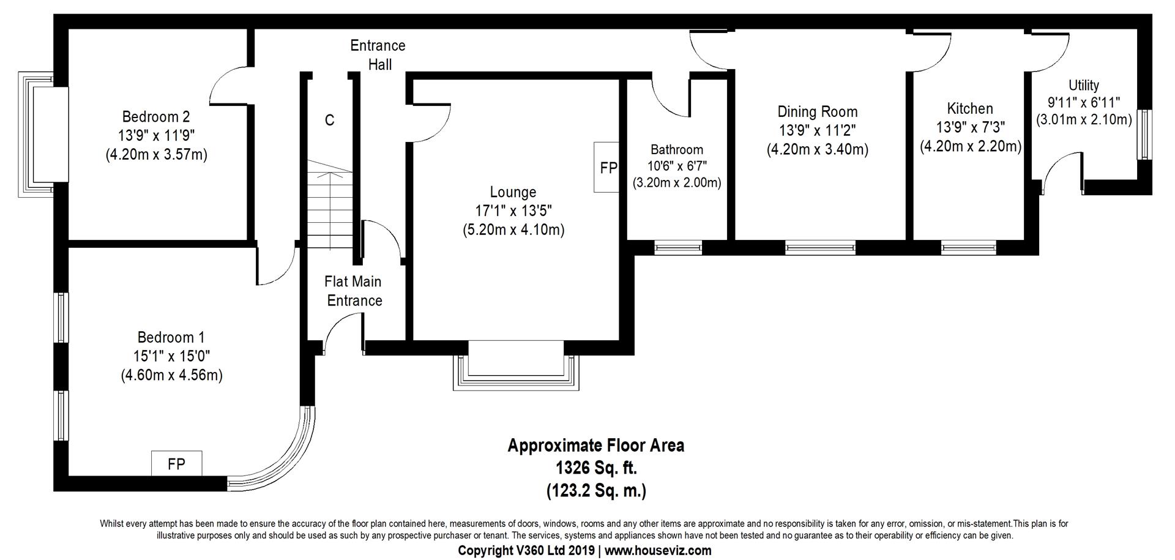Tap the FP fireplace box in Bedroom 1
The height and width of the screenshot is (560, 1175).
177,464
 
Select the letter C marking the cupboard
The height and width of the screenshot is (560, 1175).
329,121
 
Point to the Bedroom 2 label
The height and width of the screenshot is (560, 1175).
156,116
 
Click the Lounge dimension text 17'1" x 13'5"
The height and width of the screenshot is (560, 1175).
513,211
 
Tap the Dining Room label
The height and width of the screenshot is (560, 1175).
818,112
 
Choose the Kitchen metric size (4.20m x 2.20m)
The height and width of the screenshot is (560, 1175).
971,147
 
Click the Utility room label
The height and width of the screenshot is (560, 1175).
1084,86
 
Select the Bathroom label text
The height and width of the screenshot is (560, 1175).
677,149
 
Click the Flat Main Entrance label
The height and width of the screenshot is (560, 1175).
354,291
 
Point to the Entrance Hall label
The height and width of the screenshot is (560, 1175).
378,54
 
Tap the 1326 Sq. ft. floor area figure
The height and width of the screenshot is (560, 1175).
596,468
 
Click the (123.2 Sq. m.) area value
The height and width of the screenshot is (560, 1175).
596,491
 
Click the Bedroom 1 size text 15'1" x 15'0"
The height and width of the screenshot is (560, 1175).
171,356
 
